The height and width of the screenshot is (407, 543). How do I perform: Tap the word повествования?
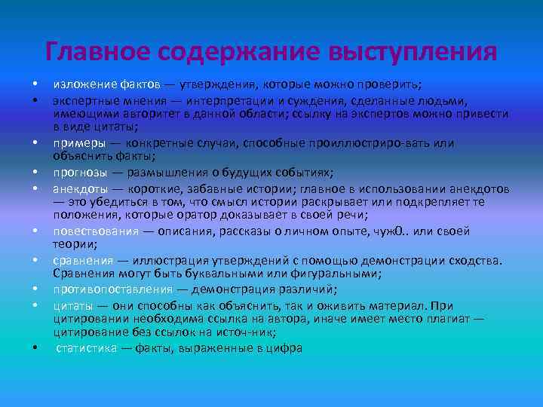click(94, 230)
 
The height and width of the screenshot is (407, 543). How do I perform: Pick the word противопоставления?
click(112, 290)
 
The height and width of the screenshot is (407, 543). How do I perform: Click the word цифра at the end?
click(284, 348)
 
